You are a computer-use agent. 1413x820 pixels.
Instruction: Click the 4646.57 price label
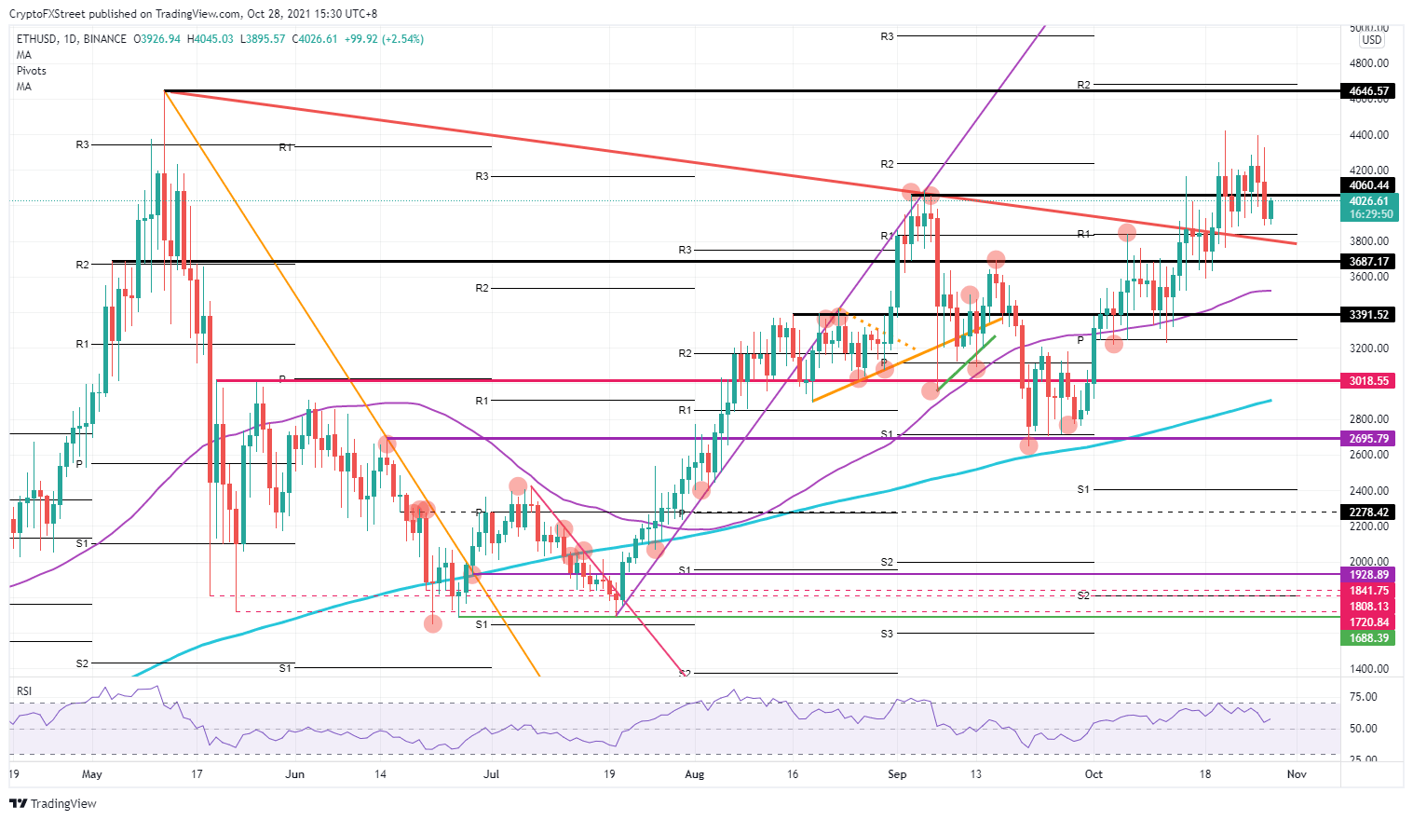[x=1368, y=91]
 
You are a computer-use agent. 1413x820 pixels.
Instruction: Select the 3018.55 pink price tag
[x=1368, y=381]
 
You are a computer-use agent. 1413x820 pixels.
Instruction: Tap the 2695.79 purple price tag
[x=1368, y=439]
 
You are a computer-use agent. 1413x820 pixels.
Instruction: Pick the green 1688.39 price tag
[x=1368, y=638]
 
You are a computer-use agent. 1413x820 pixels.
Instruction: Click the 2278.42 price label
[x=1368, y=512]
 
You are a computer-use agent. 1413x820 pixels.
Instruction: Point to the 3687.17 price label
[x=1368, y=262]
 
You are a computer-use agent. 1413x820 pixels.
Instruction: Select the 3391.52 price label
[x=1368, y=315]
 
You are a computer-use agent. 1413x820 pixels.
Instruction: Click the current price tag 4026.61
[x=1368, y=201]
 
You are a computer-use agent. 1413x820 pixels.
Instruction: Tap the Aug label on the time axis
[x=694, y=774]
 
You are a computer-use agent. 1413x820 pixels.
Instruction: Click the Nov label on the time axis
[x=1296, y=774]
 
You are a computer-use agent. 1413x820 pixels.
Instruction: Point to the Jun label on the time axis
[x=294, y=774]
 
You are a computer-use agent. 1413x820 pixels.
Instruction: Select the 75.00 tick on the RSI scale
[x=1363, y=697]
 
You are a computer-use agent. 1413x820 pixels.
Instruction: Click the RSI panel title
[x=24, y=691]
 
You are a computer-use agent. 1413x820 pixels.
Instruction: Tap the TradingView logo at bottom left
[x=53, y=803]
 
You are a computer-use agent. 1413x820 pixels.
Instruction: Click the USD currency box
[x=1371, y=40]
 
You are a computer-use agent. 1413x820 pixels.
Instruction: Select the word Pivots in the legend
[x=32, y=71]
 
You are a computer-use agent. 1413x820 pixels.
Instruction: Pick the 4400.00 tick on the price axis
[x=1368, y=135]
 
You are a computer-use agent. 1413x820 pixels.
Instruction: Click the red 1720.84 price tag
[x=1368, y=622]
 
